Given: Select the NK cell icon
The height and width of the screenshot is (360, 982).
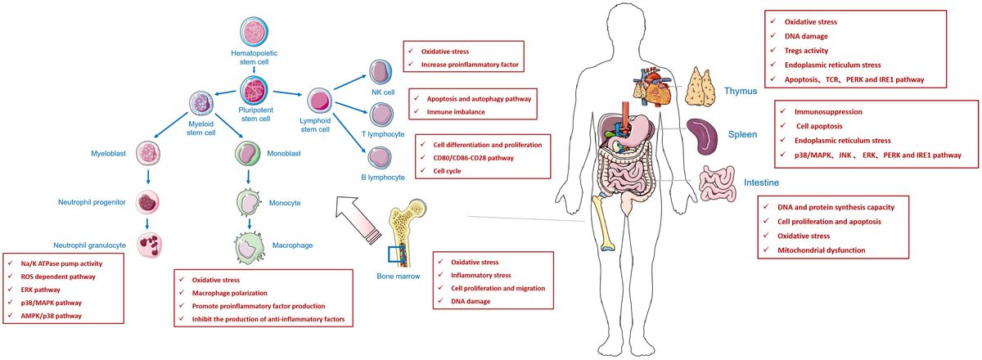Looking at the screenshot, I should pyautogui.click(x=381, y=71).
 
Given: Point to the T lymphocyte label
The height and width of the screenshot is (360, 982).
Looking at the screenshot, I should pyautogui.click(x=381, y=133).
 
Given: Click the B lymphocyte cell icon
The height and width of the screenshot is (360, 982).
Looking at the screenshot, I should pyautogui.click(x=381, y=157).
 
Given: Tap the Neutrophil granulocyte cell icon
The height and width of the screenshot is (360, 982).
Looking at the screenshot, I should pyautogui.click(x=150, y=243).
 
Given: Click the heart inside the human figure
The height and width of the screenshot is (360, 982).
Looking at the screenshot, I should pyautogui.click(x=655, y=87).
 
